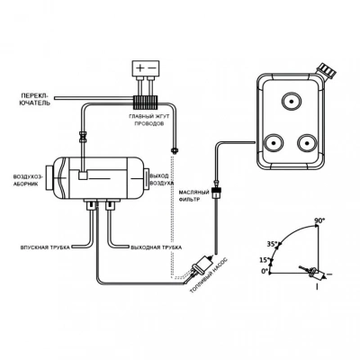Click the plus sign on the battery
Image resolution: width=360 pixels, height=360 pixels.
pyautogui.click(x=140, y=67)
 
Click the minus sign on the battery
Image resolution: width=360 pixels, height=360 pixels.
pyautogui.click(x=152, y=67)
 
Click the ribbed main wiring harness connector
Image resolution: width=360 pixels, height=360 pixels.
pyautogui.click(x=146, y=102)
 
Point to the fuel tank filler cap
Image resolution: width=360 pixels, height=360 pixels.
pyautogui.click(x=327, y=70)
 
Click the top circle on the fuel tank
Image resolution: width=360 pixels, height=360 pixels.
pyautogui.click(x=291, y=101)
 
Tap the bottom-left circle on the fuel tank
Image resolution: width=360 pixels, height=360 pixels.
pyautogui.click(x=274, y=143)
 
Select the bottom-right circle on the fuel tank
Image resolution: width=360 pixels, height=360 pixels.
pyautogui.click(x=307, y=143)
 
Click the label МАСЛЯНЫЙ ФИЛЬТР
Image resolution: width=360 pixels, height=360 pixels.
pyautogui.click(x=189, y=195)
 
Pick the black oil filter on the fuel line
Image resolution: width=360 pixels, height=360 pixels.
pyautogui.click(x=215, y=192)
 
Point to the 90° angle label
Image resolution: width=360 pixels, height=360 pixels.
pyautogui.click(x=319, y=220)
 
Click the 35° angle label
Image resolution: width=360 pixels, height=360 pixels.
pyautogui.click(x=272, y=244)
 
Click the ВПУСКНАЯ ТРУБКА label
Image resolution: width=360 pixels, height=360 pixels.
pyautogui.click(x=45, y=247)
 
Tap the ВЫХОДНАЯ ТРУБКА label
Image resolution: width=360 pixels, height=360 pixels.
pyautogui.click(x=157, y=247)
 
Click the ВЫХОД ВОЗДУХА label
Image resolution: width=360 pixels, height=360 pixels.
pyautogui.click(x=160, y=179)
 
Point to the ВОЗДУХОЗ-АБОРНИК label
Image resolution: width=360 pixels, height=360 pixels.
pyautogui.click(x=28, y=180)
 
